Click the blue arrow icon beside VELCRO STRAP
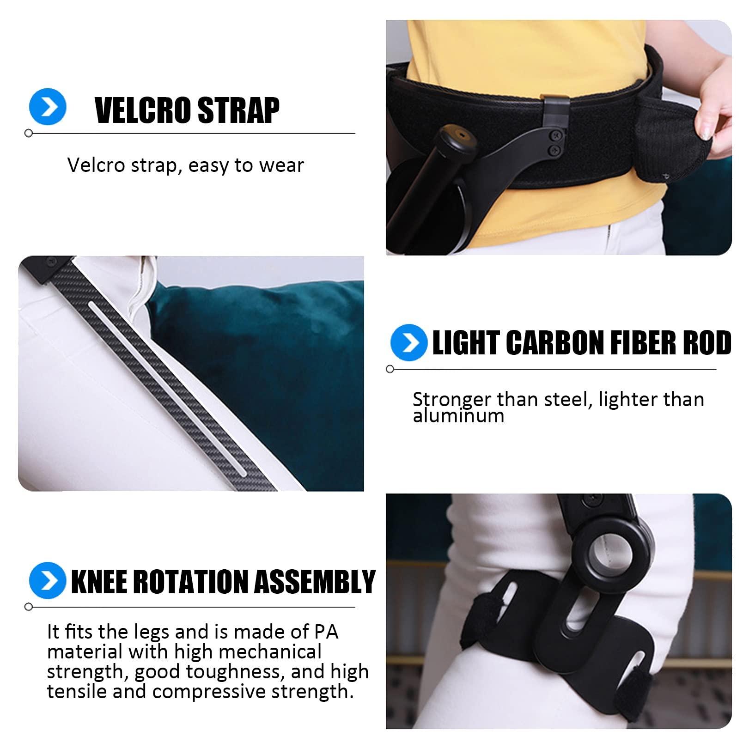[x=48, y=107]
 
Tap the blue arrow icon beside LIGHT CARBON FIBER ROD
[x=408, y=342]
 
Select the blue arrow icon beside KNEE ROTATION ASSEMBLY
[x=47, y=580]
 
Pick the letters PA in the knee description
[x=326, y=632]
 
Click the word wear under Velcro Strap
[x=282, y=165]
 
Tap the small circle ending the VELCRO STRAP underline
[x=29, y=134]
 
